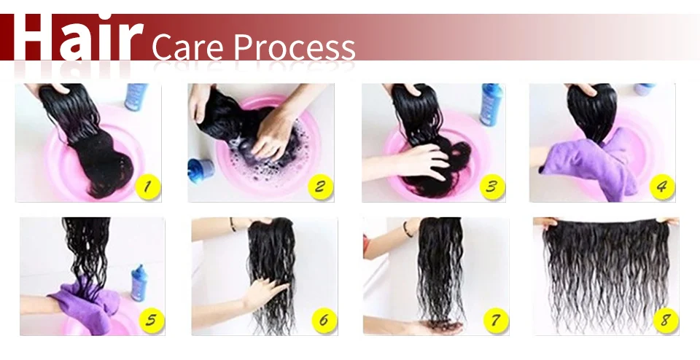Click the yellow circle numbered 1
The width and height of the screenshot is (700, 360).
148,187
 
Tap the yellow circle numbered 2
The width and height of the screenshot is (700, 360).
321,187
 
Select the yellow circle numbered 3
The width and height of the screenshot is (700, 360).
492,187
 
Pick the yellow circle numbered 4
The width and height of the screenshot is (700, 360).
662,187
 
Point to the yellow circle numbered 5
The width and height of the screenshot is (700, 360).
152,321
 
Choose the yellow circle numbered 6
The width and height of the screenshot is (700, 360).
324,321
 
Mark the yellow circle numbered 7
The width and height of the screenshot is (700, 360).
496,321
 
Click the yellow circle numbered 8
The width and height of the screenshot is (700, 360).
666,321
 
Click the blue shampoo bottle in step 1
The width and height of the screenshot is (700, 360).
136,97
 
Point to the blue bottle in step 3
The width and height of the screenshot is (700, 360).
491,104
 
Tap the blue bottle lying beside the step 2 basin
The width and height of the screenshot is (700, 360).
201,170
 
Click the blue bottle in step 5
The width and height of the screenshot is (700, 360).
139,283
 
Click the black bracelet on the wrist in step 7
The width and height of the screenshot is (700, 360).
408,230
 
